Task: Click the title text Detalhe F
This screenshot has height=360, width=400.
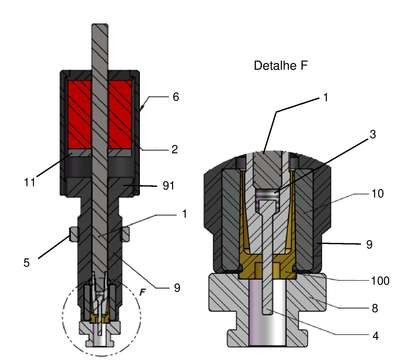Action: click(x=280, y=65)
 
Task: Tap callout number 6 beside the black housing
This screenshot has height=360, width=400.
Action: click(x=176, y=97)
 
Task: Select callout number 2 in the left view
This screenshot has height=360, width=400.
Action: click(x=175, y=149)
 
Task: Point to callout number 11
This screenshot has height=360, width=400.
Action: click(x=29, y=182)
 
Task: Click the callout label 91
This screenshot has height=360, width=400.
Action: click(x=168, y=186)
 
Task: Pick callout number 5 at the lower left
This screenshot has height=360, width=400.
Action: click(x=27, y=263)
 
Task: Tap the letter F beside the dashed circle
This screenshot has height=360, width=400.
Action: click(x=143, y=292)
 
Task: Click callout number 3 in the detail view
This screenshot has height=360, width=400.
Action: click(x=373, y=134)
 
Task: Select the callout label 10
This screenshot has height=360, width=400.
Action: click(x=378, y=193)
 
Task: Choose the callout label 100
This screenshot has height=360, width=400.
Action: click(x=380, y=281)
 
